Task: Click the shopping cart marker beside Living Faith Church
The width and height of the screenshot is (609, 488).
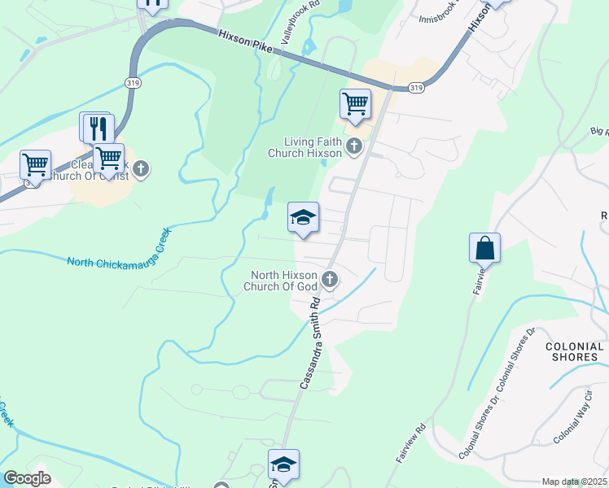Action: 355,103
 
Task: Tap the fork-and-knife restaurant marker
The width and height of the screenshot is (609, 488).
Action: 99,128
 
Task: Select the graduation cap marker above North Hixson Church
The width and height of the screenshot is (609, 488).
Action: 303,217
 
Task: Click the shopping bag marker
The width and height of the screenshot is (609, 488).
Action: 484,247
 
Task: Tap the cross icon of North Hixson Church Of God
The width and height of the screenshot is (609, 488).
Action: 330,281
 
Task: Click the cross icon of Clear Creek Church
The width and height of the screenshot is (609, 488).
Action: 141,169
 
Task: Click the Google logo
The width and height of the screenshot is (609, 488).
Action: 27,478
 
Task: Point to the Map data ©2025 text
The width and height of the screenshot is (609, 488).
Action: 574,481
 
